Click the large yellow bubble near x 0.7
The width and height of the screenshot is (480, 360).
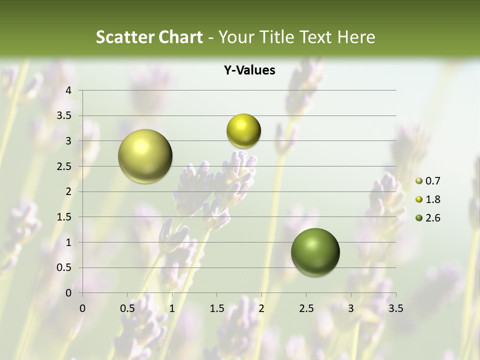145,156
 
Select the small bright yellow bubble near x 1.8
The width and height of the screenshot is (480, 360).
243,131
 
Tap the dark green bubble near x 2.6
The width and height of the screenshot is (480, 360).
315,252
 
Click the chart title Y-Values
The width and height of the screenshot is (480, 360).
249,70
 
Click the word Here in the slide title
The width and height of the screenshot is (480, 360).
356,37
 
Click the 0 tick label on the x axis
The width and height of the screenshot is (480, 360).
82,308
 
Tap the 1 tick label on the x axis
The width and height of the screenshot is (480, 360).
172,308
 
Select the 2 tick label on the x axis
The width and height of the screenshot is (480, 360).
261,308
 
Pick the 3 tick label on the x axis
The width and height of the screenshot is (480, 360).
351,308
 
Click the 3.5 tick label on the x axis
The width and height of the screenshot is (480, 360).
395,308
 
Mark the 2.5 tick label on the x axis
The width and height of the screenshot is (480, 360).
306,308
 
